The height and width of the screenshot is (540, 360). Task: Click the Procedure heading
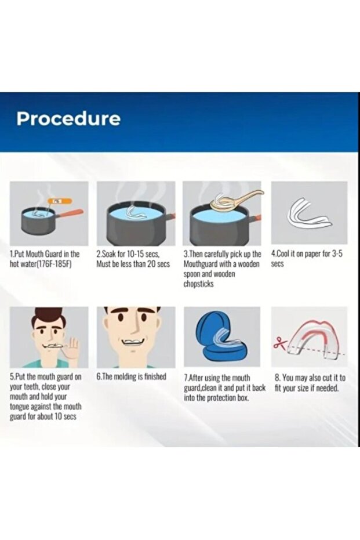tap(68, 119)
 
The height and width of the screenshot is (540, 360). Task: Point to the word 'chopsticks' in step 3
tap(199, 284)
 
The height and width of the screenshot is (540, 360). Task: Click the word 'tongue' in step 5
tap(20, 407)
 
